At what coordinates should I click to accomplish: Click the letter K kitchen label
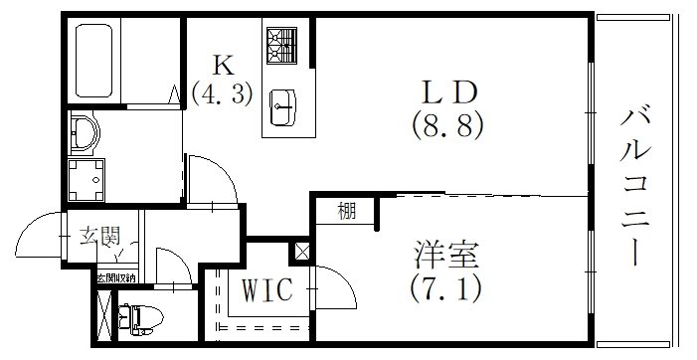click(223, 68)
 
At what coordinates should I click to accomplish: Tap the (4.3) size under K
click(223, 94)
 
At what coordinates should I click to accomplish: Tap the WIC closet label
click(265, 291)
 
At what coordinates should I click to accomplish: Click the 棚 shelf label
click(346, 211)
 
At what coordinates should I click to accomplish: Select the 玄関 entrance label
click(99, 237)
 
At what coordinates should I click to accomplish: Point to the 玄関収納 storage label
click(116, 277)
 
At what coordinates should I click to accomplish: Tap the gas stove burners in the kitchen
click(281, 45)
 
